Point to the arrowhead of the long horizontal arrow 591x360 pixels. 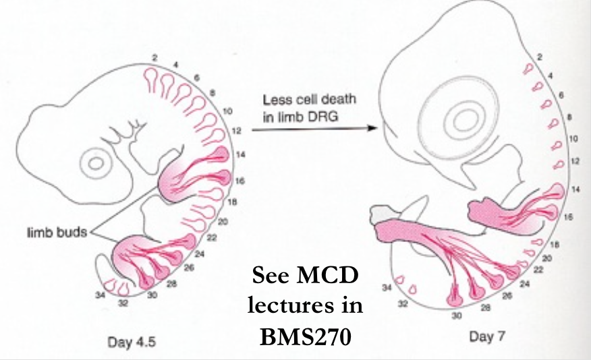tap(370, 126)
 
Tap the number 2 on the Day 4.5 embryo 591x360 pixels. tap(154, 59)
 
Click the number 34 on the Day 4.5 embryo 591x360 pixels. tap(103, 294)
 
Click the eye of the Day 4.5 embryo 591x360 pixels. tap(95, 162)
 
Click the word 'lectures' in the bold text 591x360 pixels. tap(287, 306)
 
